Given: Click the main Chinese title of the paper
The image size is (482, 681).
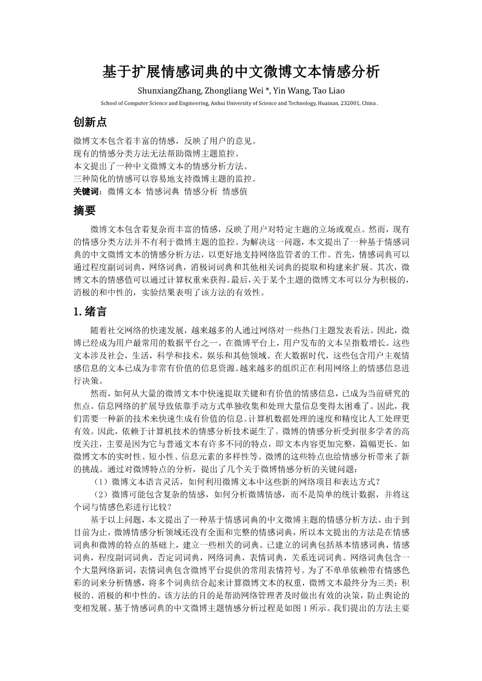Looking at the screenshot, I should click(241, 72).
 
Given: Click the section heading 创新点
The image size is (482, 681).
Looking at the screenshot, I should click(90, 123).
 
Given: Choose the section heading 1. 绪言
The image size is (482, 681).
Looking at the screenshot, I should click(90, 312).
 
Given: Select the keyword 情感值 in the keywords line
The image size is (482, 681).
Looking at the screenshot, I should click(235, 191).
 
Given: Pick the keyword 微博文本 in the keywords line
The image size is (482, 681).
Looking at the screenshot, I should click(124, 191).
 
